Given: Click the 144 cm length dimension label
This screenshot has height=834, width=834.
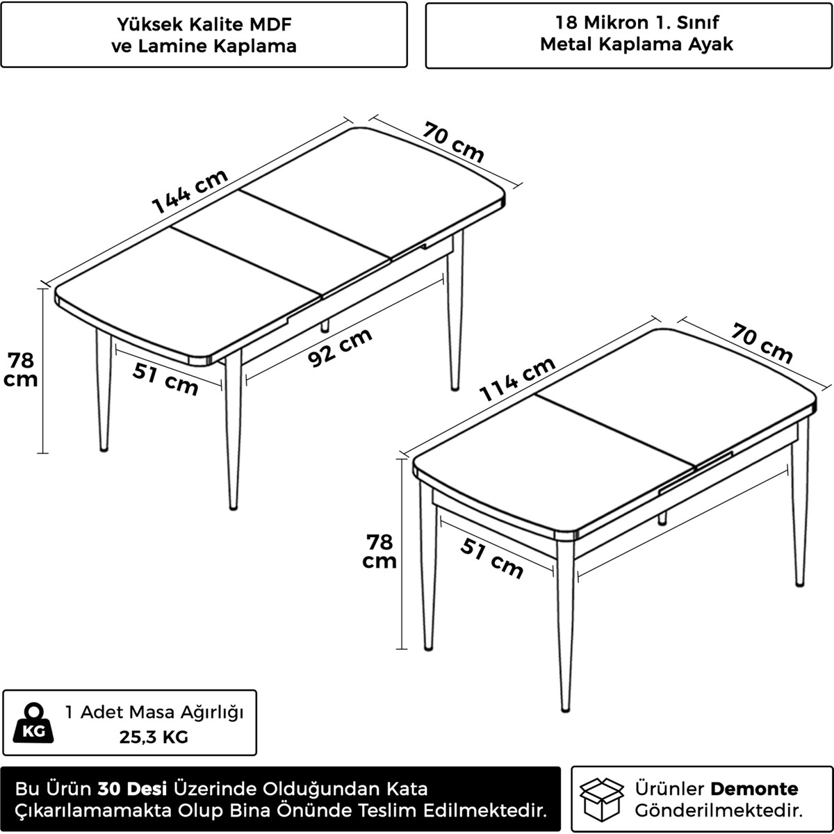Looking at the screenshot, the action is [190, 191].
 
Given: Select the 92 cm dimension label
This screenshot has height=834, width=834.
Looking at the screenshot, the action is [340, 347].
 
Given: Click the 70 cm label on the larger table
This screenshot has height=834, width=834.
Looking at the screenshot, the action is [453, 142].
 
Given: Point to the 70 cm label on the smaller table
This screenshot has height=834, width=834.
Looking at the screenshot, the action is [762, 343].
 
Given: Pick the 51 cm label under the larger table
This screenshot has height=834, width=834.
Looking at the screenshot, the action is [165, 379].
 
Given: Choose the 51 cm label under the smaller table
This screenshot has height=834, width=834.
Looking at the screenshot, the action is [491, 558].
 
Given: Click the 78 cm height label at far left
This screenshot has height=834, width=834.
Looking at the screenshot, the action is [20, 370].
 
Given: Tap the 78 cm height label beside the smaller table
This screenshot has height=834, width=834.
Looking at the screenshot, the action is [379, 551].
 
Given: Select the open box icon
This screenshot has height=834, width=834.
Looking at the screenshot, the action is [602, 799].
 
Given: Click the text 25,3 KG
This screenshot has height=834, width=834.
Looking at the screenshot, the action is [154, 737].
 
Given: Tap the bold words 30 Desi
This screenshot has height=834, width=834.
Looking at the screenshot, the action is [133, 789].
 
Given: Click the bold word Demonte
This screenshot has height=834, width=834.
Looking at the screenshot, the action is [754, 789].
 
